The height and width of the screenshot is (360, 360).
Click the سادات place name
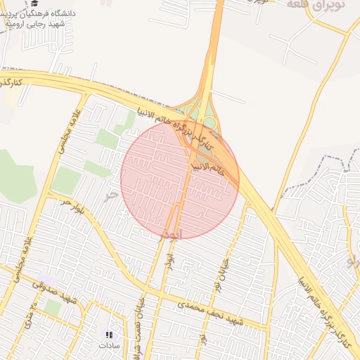point(109,345)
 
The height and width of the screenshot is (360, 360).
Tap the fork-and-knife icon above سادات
point(109,335)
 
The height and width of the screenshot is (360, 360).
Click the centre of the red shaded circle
point(180,179)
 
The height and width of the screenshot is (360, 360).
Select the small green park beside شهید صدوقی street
point(53,307)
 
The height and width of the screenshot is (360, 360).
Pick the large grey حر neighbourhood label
point(109,195)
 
